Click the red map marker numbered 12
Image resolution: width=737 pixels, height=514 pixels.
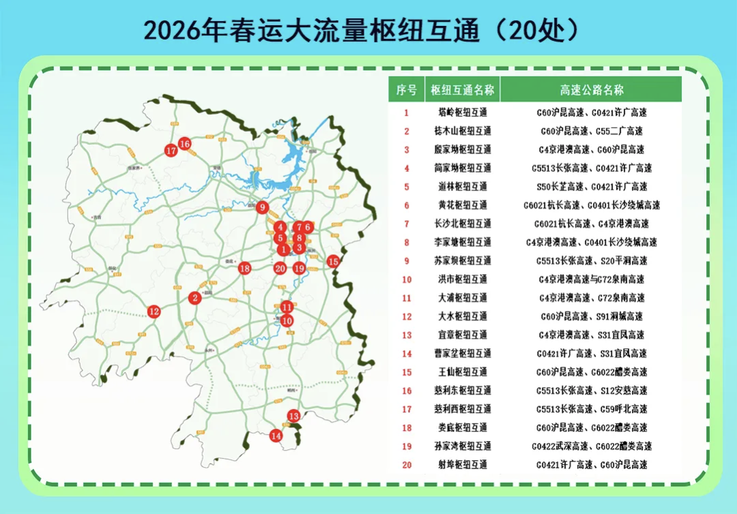(x=154, y=312)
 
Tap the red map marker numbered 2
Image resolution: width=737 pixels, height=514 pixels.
(x=195, y=297)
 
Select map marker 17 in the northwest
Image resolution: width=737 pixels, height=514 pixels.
(x=171, y=151)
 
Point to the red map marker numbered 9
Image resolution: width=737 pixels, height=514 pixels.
(x=263, y=208)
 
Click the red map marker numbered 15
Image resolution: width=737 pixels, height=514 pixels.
(x=333, y=260)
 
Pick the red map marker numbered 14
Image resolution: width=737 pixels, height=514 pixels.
(x=276, y=436)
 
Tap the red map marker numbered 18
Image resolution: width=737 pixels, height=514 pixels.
(x=244, y=269)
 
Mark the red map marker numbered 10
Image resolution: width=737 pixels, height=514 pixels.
(x=287, y=320)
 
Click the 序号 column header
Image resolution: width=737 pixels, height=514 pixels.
(x=406, y=89)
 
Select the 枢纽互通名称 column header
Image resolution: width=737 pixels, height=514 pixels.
(x=463, y=89)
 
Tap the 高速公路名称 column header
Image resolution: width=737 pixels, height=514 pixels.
(x=591, y=89)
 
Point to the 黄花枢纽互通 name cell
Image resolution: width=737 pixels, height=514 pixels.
(x=463, y=205)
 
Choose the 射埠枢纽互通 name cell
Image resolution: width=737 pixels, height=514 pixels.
(x=463, y=465)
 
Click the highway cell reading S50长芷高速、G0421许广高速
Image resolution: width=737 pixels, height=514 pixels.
(x=591, y=187)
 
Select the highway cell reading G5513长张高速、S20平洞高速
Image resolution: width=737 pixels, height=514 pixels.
(x=591, y=261)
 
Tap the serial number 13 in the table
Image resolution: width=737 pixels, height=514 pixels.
(x=406, y=335)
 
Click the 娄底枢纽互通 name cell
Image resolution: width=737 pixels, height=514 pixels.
(x=463, y=428)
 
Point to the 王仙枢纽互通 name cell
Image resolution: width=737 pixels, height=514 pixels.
(x=463, y=372)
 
